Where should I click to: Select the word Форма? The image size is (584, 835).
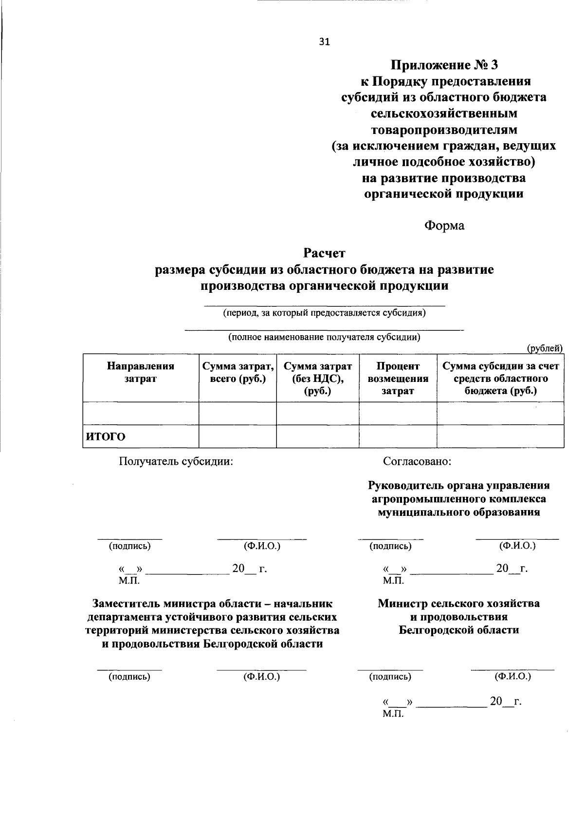point(444,226)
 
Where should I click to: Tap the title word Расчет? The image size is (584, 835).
point(324,253)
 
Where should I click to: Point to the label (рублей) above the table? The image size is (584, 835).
point(545,348)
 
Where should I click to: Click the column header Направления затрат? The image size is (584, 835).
point(141,372)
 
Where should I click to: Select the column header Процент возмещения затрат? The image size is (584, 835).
point(398,379)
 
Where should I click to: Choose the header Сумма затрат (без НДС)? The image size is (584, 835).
point(317,379)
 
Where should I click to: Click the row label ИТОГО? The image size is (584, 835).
point(106,436)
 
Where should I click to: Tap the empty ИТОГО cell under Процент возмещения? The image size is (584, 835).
point(398,436)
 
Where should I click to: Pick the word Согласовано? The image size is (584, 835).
point(417,461)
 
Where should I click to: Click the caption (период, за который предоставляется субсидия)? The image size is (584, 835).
point(324,313)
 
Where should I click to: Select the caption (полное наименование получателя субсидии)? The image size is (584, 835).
point(324,337)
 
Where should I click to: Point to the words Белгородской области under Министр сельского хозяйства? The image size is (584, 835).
point(458,630)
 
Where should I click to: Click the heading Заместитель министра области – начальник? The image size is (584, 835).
point(213,604)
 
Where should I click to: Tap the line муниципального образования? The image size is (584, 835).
point(458,512)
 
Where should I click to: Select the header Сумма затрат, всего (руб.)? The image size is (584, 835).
point(237,372)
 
